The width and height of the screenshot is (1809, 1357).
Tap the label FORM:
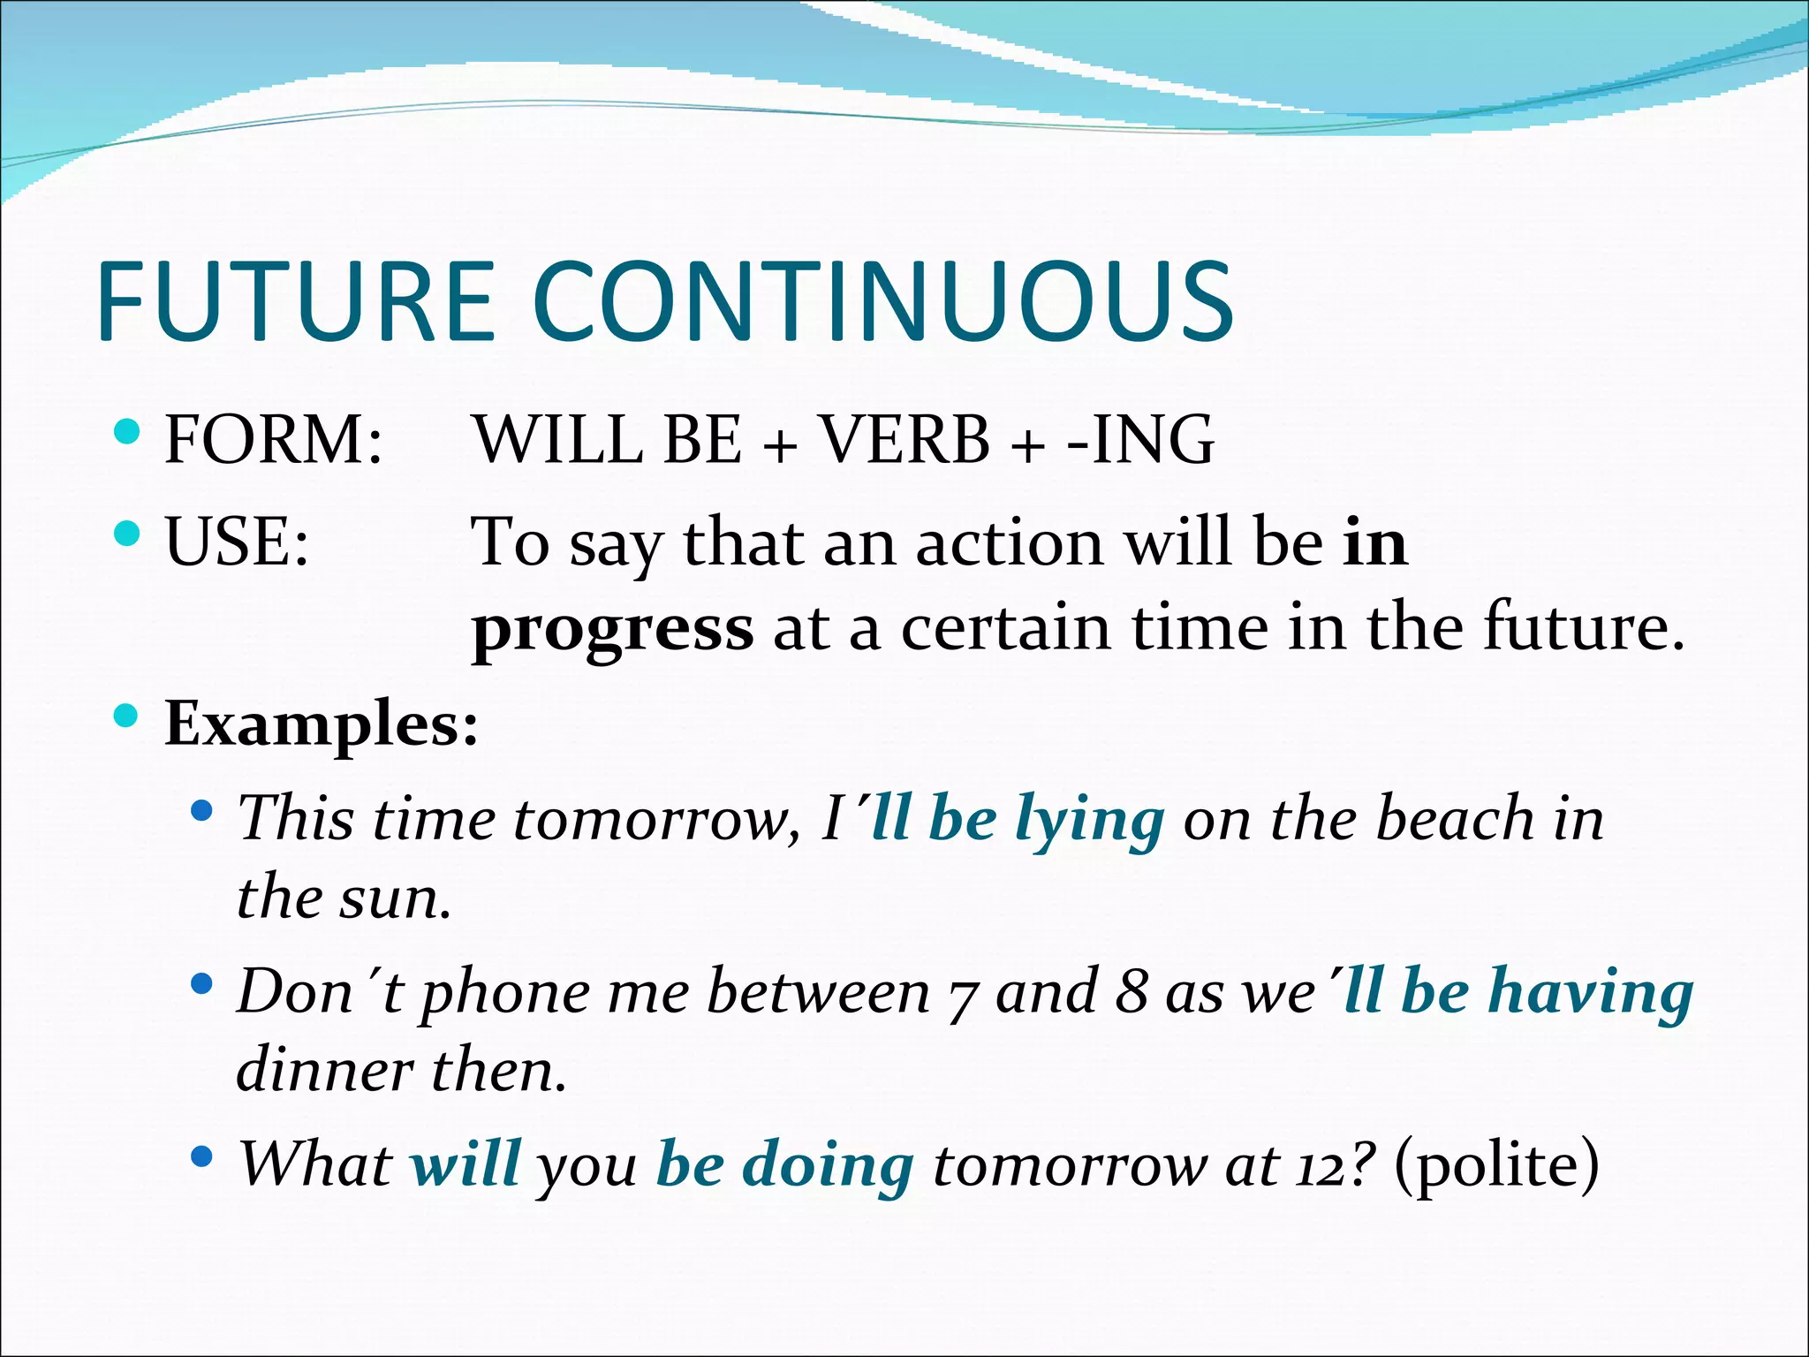pyautogui.click(x=274, y=439)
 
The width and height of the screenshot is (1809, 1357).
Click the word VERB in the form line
pyautogui.click(x=905, y=439)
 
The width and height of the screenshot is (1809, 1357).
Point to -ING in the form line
pyautogui.click(x=1140, y=439)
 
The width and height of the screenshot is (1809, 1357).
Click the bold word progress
pyautogui.click(x=613, y=629)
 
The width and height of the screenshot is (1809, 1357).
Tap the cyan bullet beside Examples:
pyautogui.click(x=127, y=715)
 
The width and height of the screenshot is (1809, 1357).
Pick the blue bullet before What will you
pyautogui.click(x=202, y=1156)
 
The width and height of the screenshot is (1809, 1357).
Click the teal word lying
pyautogui.click(x=1089, y=820)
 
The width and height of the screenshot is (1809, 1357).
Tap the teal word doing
pyautogui.click(x=828, y=1164)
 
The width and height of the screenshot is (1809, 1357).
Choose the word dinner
pyautogui.click(x=324, y=1070)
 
